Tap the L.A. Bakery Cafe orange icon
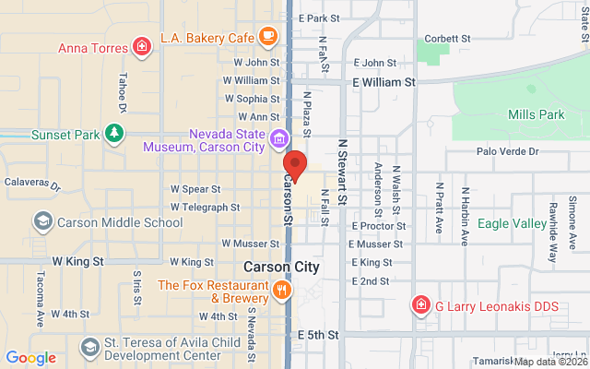(267, 38)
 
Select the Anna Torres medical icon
(142, 46)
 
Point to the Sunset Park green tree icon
(113, 135)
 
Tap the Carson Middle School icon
(42, 221)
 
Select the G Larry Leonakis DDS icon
(420, 304)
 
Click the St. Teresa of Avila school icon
(89, 347)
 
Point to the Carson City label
(281, 267)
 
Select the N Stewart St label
(342, 172)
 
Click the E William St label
(383, 81)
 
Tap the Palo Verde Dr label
(506, 151)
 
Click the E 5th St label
(318, 334)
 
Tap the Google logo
(30, 358)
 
